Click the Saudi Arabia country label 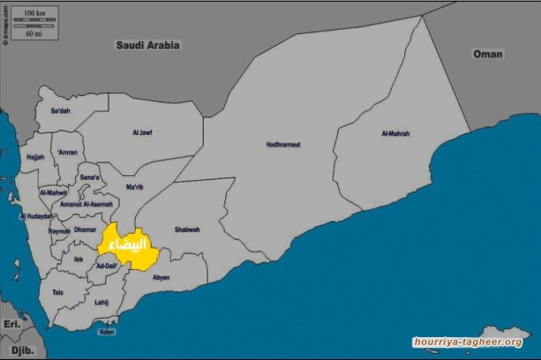tap(148, 46)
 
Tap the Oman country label tap(487, 54)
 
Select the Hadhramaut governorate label tap(283, 144)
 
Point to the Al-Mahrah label tap(395, 134)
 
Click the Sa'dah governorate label tap(60, 111)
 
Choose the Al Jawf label tap(142, 133)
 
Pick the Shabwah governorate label tap(186, 230)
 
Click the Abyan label tap(161, 277)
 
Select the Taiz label tap(58, 292)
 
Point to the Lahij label tap(101, 302)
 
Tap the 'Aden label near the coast tap(106, 332)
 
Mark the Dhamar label tap(85, 230)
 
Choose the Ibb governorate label tap(78, 259)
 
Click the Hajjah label tap(36, 157)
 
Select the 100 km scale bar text tap(34, 13)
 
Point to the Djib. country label tap(21, 347)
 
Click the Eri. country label tap(10, 324)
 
